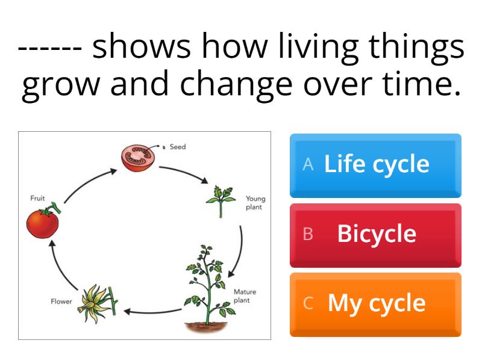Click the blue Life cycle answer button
tap(375, 165)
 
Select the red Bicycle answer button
tap(375, 235)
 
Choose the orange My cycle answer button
tap(375, 304)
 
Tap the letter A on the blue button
tap(308, 165)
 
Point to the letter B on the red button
tap(308, 235)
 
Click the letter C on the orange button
tap(308, 304)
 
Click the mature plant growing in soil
tap(208, 289)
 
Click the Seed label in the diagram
tap(178, 147)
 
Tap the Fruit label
tap(37, 198)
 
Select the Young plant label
tap(255, 203)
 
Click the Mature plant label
tap(245, 296)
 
